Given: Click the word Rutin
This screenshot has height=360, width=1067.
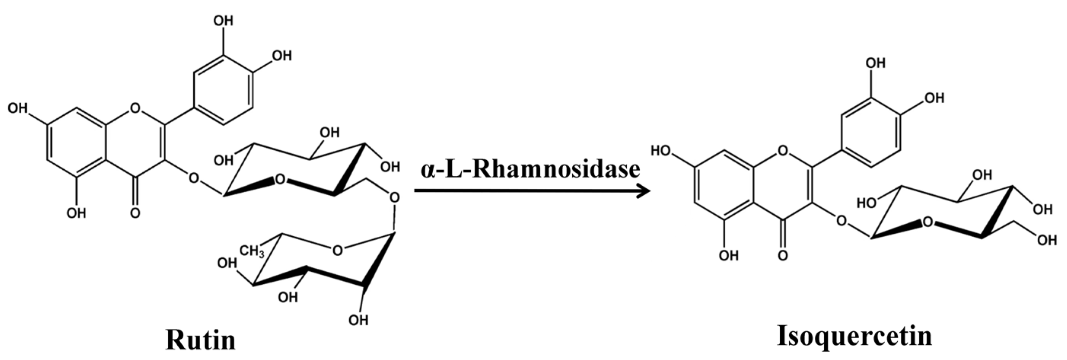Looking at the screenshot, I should coord(201,340).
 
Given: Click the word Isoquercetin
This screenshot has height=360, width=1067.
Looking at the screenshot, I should coord(854,335).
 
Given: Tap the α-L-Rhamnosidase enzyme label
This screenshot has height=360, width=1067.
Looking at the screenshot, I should coord(530,169).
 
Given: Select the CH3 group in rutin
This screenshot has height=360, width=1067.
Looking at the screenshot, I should coord(252,251).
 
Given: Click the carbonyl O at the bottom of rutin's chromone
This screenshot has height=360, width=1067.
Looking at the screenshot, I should coord(135,213).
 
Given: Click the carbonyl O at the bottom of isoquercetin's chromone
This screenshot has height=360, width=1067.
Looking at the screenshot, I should coord(782,254).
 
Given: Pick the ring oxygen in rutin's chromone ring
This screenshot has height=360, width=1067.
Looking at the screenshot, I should coord(135,108).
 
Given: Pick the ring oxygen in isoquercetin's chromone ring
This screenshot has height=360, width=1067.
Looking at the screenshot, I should coord(782,150).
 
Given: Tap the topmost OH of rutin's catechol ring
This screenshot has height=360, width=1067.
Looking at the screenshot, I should coord(223,21).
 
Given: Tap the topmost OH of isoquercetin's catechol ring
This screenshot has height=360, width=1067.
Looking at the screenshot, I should coord(875,63).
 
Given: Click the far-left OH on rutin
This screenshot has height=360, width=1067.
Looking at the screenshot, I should coord(18,108).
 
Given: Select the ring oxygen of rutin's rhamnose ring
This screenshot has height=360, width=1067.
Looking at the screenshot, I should coord(338,250).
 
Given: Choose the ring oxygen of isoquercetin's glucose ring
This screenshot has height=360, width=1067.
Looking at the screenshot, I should coord(928,223).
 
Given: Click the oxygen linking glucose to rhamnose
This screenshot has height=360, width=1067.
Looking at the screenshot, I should coord(395,197).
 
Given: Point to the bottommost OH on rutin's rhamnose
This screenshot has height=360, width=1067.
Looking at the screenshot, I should coord(358,319).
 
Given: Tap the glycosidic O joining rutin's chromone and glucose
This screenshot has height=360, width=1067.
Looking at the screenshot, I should coord(193,179).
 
